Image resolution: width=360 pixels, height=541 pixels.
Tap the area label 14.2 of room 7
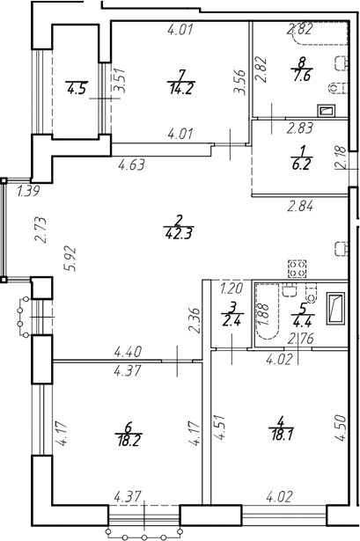[180, 89]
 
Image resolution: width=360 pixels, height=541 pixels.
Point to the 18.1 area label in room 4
[281, 435]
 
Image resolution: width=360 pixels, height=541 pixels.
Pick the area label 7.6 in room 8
[302, 75]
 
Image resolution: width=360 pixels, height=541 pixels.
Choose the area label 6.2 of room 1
[301, 164]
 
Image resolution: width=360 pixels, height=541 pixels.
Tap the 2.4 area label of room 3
[231, 321]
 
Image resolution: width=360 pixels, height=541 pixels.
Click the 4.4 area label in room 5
[302, 322]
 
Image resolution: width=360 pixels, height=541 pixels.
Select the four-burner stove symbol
[298, 269]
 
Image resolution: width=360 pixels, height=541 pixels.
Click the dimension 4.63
[131, 164]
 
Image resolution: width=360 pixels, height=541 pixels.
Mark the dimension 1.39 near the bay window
[29, 191]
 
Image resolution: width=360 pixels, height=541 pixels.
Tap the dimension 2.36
[195, 320]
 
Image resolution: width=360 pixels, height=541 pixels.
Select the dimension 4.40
[128, 352]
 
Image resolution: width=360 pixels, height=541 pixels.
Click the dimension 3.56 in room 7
[239, 82]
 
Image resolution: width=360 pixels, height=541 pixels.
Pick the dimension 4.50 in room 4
[340, 428]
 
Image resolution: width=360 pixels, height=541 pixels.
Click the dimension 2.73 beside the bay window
[40, 230]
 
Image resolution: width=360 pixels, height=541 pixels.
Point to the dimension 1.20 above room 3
[231, 288]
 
